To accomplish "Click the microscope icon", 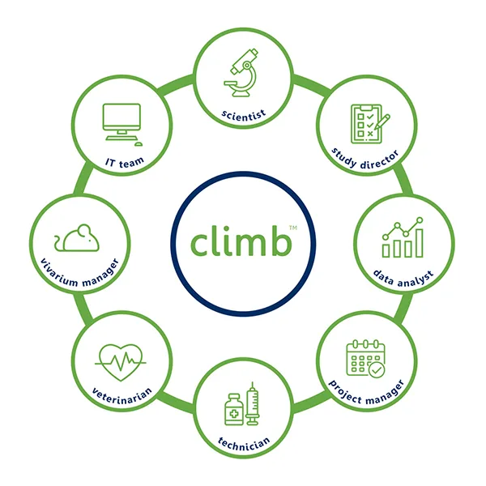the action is pos(241,73).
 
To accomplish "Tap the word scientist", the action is pos(244,116).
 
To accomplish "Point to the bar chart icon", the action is pos(403,237).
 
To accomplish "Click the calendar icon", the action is pos(366,358).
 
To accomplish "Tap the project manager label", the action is pos(366,393).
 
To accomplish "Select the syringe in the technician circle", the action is pos(252,403).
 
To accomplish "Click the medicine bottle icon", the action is pos(234,409).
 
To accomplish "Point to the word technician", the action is pos(244,443).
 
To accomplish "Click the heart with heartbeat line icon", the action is pos(120,362).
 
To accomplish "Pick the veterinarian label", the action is pos(122,396).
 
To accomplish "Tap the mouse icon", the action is pos(77,237).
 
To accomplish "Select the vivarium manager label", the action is pos(79,273).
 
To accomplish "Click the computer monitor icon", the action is pos(122,122).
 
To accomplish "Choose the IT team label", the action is pos(125,163).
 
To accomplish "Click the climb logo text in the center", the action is pos(241,241).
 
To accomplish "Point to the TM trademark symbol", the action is pos(293,228).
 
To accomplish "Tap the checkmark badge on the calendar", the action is pos(377,370).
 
